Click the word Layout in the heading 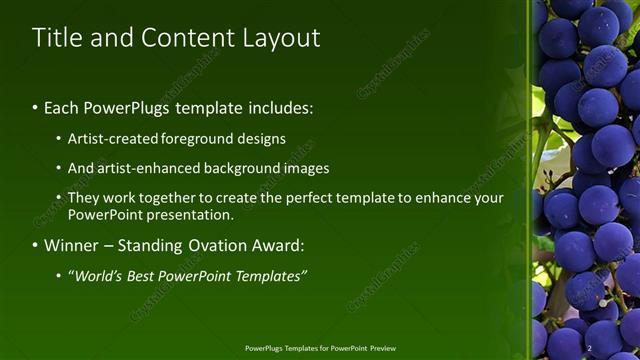[282, 38]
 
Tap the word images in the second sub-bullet [307, 169]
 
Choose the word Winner [72, 245]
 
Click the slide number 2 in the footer [589, 348]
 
